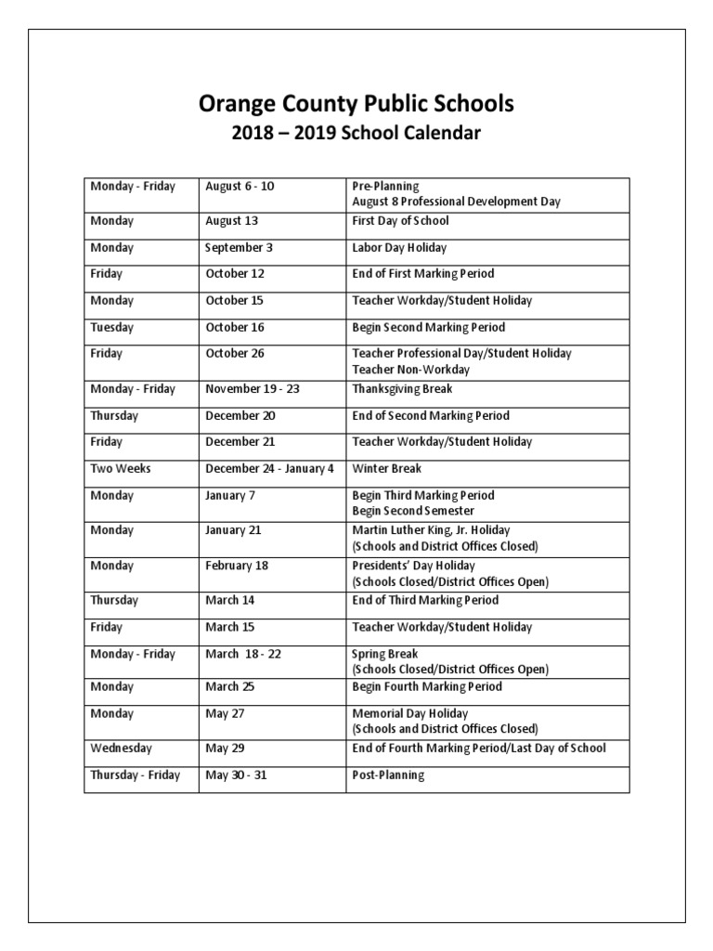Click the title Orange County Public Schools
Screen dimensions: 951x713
click(x=356, y=104)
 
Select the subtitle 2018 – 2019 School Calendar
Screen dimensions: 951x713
click(x=356, y=134)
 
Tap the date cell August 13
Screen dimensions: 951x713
click(x=231, y=221)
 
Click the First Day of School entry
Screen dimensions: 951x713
click(x=400, y=221)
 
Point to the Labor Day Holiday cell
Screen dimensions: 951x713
click(x=399, y=248)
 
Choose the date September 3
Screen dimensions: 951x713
click(x=237, y=248)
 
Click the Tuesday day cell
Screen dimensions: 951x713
click(x=111, y=328)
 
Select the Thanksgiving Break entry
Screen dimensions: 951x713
click(x=402, y=389)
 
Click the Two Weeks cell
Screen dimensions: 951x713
click(x=120, y=469)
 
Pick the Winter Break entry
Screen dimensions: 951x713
click(x=386, y=469)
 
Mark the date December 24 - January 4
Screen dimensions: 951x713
click(x=269, y=469)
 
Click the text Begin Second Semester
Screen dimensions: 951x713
click(x=413, y=511)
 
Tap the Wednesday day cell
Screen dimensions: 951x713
click(x=121, y=749)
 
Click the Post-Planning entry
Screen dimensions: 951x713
click(x=388, y=775)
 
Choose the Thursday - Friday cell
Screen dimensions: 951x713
click(x=136, y=775)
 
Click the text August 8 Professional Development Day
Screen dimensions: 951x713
click(x=456, y=202)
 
